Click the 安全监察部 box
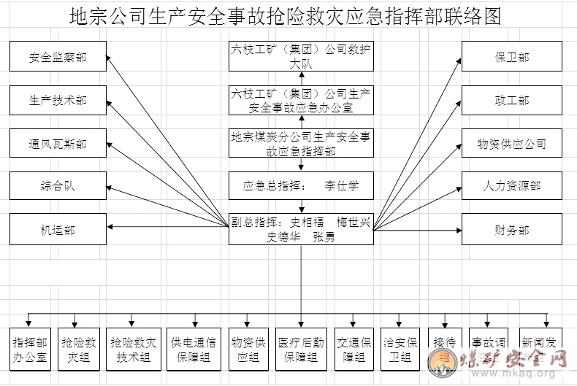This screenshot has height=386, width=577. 58,57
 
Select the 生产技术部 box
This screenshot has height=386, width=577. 58,100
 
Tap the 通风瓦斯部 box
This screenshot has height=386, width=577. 58,144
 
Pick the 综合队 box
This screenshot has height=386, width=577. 58,186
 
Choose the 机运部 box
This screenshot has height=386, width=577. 58,230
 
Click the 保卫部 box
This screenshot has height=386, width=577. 511,57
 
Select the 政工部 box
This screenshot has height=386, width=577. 511,100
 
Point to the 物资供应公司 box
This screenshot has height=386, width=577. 511,144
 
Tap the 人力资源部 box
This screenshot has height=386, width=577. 511,186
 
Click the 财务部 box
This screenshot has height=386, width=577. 511,230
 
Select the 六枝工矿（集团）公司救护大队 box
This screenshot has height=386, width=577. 301,57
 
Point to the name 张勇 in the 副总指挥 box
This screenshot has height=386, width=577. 324,237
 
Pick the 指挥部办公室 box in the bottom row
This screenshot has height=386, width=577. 30,349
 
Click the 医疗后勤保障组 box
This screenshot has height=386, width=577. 301,349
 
